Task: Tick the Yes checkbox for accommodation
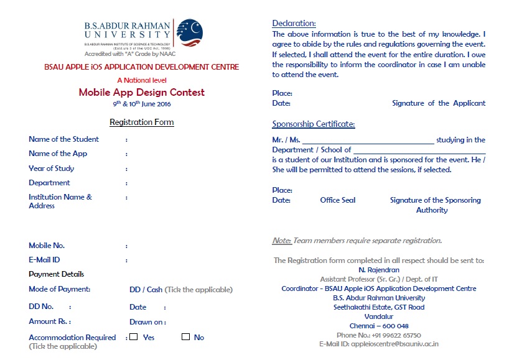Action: pos(133,337)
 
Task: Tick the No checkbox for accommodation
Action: pos(185,337)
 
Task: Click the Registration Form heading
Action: pos(141,122)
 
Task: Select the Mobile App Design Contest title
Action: pos(141,93)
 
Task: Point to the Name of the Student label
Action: pos(63,139)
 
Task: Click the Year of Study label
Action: pos(51,168)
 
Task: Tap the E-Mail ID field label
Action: pos(44,260)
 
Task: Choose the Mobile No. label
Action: pos(47,246)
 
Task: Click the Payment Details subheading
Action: pos(56,274)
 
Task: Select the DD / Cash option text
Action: pos(146,290)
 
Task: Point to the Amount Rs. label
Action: pos(49,321)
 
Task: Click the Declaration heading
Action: pos(294,24)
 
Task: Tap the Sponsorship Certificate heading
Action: pos(314,124)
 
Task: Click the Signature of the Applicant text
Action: pos(439,103)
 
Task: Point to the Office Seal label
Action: pos(338,200)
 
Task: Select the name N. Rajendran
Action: pos(379,270)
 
